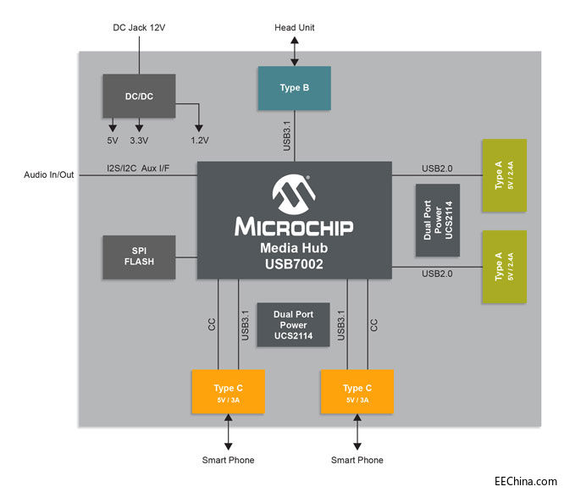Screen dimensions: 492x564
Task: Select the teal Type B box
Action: click(294, 88)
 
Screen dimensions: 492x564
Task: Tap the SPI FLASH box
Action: click(139, 257)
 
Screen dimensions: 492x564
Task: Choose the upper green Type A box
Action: click(503, 175)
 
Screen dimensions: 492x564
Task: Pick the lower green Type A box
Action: click(503, 266)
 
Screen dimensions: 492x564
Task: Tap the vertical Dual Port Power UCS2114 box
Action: click(438, 220)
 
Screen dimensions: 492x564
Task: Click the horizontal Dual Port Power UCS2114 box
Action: click(293, 325)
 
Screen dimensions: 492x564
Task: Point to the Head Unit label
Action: click(294, 27)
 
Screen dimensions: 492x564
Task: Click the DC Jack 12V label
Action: click(140, 27)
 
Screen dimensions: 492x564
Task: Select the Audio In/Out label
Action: click(49, 175)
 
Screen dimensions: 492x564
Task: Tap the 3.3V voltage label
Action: click(138, 141)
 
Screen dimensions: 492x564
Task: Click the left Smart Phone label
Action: click(228, 460)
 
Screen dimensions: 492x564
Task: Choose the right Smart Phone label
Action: click(357, 460)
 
